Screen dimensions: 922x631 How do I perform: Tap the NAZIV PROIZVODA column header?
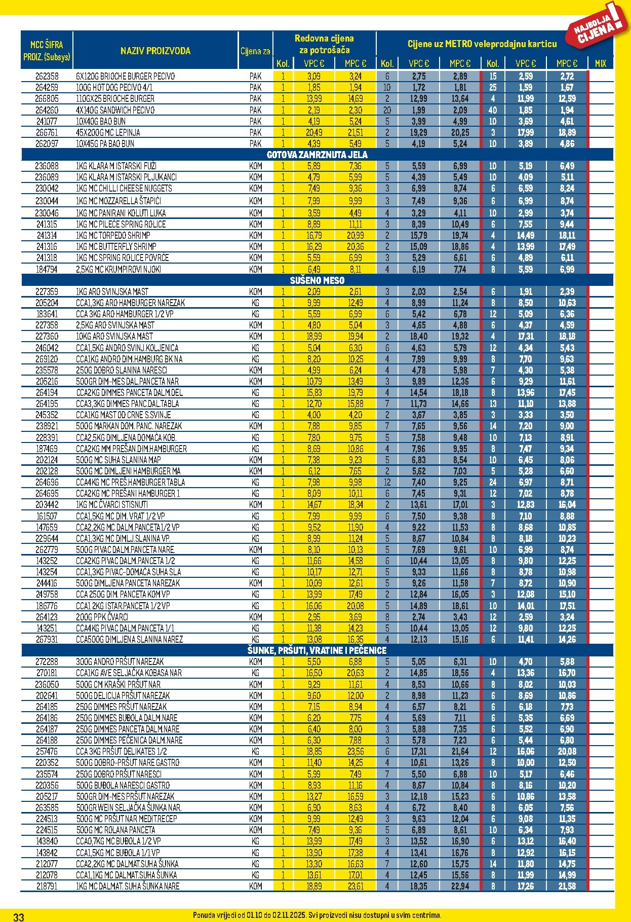point(155,51)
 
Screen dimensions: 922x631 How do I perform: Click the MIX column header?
point(601,63)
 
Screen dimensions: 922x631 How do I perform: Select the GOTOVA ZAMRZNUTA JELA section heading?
point(317,155)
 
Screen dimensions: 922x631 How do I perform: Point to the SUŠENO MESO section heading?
point(317,280)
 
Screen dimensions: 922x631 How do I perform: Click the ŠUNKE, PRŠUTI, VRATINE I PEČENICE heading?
point(317,650)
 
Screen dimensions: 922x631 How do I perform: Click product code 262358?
point(47,76)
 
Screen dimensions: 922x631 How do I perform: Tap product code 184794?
point(47,269)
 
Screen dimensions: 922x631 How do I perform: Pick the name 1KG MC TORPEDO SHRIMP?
point(113,235)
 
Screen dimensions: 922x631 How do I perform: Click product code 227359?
point(47,291)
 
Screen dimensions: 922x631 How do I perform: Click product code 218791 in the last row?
point(47,886)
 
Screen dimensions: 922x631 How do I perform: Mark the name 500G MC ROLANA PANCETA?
point(115,830)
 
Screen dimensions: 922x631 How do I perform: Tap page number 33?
point(19,916)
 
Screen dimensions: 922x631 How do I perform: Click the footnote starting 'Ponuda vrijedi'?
point(317,915)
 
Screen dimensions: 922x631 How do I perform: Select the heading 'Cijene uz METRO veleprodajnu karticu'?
point(482,44)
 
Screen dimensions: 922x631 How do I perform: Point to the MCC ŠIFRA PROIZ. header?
point(47,51)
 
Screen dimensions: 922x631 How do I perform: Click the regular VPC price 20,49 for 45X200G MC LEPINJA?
point(314,132)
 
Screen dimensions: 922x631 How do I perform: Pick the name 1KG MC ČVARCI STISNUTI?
point(112,504)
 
